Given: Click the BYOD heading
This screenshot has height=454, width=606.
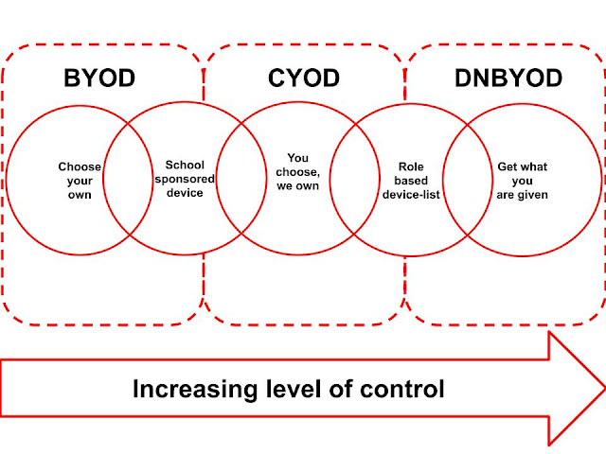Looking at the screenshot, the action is [99, 78].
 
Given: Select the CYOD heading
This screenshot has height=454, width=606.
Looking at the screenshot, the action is [304, 78].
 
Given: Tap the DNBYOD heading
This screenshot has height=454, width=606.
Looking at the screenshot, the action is [508, 78].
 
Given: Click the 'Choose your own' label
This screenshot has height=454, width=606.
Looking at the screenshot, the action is [80, 181].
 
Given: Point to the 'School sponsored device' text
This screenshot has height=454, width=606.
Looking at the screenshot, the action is [185, 179].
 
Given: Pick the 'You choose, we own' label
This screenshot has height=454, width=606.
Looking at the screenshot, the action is [297, 172].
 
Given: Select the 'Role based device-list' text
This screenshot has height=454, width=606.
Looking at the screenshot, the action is [411, 181].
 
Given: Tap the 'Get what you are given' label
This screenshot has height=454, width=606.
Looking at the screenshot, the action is [522, 181].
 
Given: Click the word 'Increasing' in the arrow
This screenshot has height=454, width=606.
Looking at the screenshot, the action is [195, 389].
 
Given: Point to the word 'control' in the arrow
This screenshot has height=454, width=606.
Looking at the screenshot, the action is [401, 389].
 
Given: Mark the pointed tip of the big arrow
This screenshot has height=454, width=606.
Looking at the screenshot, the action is [605, 388].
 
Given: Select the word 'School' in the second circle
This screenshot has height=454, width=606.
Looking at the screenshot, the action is [185, 165].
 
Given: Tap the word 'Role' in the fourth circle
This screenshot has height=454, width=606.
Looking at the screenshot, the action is [411, 166].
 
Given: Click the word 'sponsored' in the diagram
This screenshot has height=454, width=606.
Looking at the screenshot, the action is [185, 180].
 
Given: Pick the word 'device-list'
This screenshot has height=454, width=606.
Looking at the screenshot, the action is [411, 195].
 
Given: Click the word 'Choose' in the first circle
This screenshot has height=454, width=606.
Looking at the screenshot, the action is [80, 166].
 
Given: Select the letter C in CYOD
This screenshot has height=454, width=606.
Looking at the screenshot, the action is [276, 78].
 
